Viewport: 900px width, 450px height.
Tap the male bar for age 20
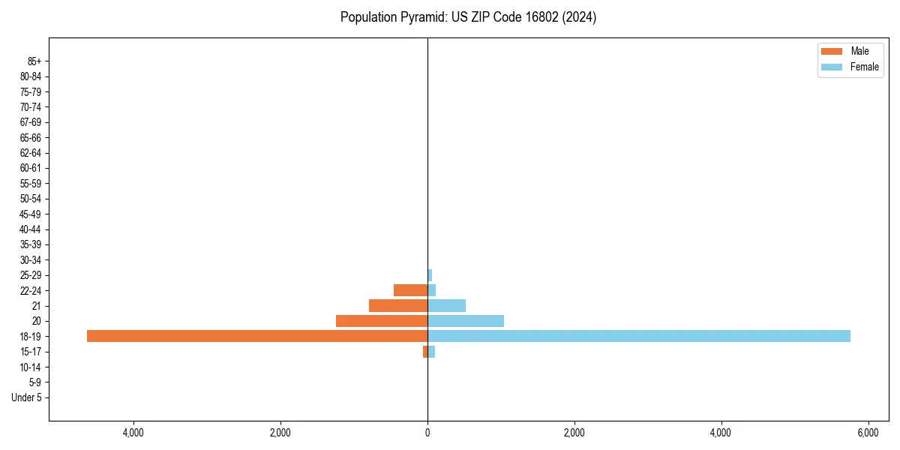pos(382,321)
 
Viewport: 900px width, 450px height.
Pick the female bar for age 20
pos(466,321)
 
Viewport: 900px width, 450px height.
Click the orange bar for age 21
pos(398,305)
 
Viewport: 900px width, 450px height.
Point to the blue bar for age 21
pos(446,305)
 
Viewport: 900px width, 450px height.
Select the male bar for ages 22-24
pos(410,290)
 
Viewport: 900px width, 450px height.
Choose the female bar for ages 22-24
pos(432,290)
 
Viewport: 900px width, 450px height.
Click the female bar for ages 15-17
pos(431,352)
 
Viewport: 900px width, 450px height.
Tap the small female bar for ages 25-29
pos(430,275)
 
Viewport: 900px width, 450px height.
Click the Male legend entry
pos(850,51)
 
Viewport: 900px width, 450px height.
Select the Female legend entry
pos(850,67)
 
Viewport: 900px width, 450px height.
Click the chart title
pos(468,17)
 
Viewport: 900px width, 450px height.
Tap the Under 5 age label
pos(27,397)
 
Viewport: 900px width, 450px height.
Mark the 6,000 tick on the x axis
pos(868,433)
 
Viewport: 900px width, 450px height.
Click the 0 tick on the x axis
pos(427,433)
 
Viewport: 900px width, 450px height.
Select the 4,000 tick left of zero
pos(133,433)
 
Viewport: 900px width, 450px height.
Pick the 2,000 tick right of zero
pos(574,433)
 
